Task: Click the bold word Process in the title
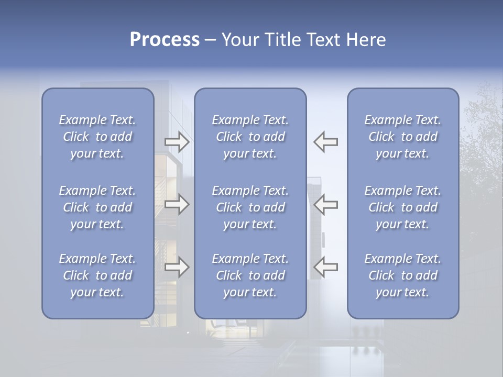tap(165, 40)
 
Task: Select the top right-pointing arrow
tap(177, 142)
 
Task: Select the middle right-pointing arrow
tap(177, 204)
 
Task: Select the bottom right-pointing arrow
tap(177, 267)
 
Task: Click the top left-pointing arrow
tap(326, 142)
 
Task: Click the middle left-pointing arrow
tap(326, 204)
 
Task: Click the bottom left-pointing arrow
tap(326, 267)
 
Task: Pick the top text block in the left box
tap(97, 137)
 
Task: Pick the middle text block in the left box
tap(97, 207)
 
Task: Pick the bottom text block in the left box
tap(97, 275)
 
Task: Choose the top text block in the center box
tap(250, 137)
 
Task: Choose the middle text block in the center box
tap(250, 207)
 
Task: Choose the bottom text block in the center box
tap(250, 275)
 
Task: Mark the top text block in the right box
tap(403, 137)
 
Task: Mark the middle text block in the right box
tap(403, 207)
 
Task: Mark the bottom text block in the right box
tap(403, 275)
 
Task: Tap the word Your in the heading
tap(238, 40)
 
